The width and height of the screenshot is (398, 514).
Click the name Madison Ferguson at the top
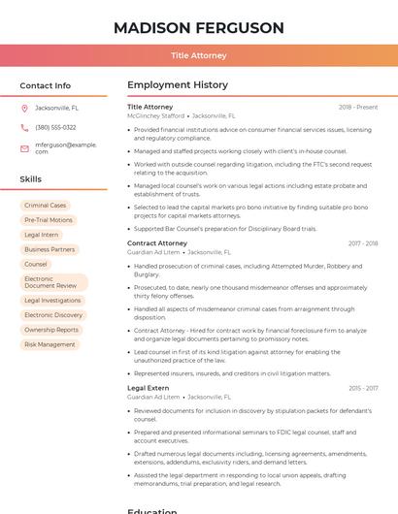pyautogui.click(x=198, y=27)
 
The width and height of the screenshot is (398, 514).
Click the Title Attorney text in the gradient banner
pyautogui.click(x=198, y=56)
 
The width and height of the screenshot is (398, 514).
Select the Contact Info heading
pyautogui.click(x=46, y=85)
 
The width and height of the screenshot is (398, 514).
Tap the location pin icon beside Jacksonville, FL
pyautogui.click(x=25, y=109)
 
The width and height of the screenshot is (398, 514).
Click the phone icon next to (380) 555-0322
pyautogui.click(x=25, y=127)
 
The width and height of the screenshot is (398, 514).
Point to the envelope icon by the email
pyautogui.click(x=25, y=147)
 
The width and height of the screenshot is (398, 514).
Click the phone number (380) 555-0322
pyautogui.click(x=55, y=127)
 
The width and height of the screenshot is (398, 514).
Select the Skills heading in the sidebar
pyautogui.click(x=31, y=179)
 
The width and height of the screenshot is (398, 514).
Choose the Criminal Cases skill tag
pyautogui.click(x=46, y=206)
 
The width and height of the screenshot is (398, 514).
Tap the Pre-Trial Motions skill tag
pyautogui.click(x=49, y=220)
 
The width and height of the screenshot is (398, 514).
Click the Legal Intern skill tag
pyautogui.click(x=42, y=235)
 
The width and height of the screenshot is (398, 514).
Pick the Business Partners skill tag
pyautogui.click(x=50, y=249)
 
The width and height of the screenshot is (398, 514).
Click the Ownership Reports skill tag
pyautogui.click(x=51, y=330)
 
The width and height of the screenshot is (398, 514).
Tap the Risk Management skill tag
pyautogui.click(x=50, y=344)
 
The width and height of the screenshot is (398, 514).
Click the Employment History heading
pyautogui.click(x=177, y=85)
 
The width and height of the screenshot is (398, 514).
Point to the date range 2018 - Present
pyautogui.click(x=358, y=107)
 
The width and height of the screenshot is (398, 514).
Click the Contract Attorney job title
pyautogui.click(x=157, y=243)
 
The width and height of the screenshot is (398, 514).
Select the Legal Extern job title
pyautogui.click(x=149, y=388)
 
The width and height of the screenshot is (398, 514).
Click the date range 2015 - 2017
pyautogui.click(x=363, y=388)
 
